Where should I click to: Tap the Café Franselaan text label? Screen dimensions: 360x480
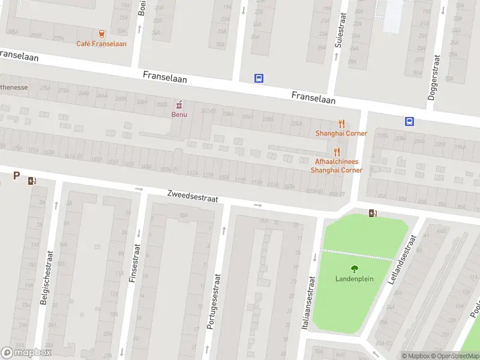point(101,44)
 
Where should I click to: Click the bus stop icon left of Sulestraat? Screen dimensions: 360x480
point(259,78)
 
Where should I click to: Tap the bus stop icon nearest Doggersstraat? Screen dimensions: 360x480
point(409,121)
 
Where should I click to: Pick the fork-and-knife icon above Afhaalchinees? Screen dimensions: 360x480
point(337,152)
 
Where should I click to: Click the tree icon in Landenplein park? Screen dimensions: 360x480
point(354,269)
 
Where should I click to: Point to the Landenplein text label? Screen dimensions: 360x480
point(354,279)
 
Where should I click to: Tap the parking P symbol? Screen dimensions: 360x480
point(16,176)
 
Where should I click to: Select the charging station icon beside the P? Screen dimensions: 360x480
point(31,180)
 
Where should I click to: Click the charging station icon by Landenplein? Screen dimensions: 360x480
point(373,213)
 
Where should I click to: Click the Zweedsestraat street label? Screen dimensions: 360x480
point(192,196)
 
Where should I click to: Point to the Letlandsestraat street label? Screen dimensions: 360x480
point(403,259)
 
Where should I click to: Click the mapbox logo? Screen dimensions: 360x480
point(26,353)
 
